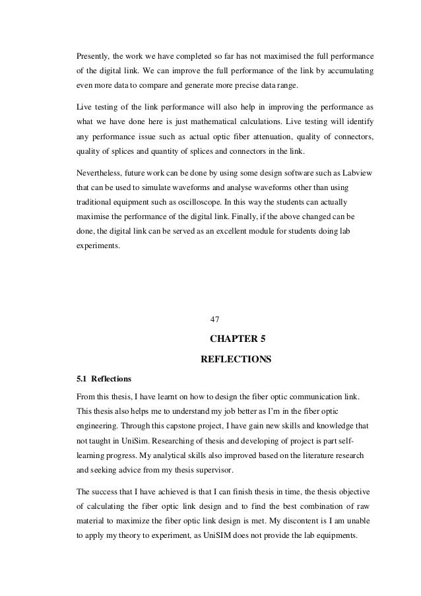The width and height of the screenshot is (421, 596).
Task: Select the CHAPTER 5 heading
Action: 236,341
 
